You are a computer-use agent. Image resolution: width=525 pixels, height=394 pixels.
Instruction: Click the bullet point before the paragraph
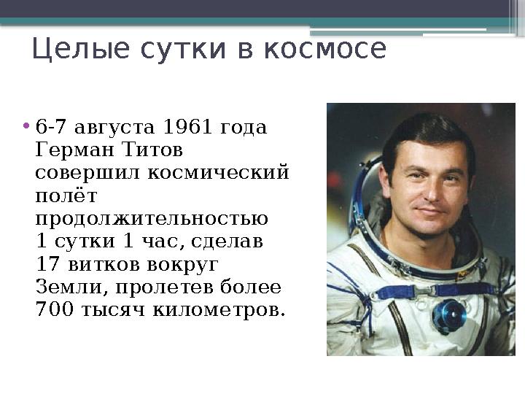pos(27,124)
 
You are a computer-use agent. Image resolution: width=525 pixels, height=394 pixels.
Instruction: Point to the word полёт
pos(66,196)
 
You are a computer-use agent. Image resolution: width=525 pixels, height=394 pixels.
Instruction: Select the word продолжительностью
pos(152,219)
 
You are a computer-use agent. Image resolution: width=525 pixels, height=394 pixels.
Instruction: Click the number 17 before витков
pos(46,264)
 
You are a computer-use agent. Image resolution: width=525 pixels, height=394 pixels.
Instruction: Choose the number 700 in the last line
pos(53,309)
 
